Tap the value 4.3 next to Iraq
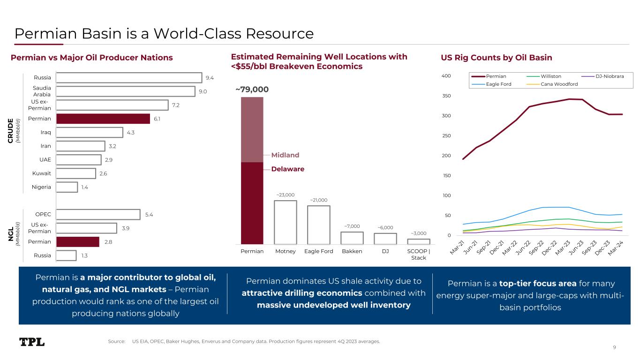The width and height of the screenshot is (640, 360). pyautogui.click(x=132, y=133)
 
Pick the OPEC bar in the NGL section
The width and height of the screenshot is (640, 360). pyautogui.click(x=98, y=215)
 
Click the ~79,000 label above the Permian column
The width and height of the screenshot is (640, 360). pyautogui.click(x=252, y=90)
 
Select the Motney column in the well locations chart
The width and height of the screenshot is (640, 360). pyautogui.click(x=285, y=222)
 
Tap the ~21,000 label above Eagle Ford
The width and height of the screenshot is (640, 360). pyautogui.click(x=318, y=200)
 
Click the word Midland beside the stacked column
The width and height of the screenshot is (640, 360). pyautogui.click(x=285, y=155)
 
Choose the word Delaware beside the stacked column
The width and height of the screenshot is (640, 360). pyautogui.click(x=287, y=169)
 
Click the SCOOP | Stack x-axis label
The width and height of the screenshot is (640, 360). pyautogui.click(x=418, y=255)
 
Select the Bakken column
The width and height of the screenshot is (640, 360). pyautogui.click(x=352, y=238)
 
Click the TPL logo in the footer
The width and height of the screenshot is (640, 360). pyautogui.click(x=32, y=342)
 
